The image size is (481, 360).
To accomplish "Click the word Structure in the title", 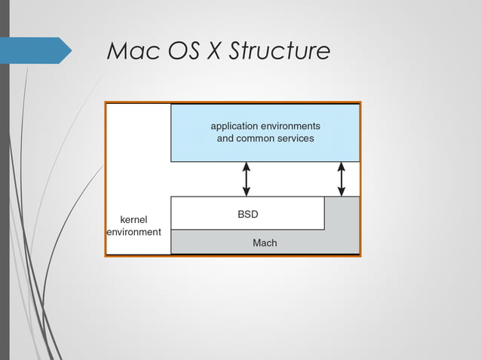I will pos(279,51).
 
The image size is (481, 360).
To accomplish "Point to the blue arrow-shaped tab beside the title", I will pos(38,50).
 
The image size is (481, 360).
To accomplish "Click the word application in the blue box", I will pos(237,126).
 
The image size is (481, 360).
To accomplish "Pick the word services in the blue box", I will pos(296,139).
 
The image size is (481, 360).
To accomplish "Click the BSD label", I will pos(248,215).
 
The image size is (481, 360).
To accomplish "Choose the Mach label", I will pos(265,243).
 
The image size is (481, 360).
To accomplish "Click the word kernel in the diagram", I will pos(133,219).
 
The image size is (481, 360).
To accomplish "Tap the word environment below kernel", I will pos(133,232).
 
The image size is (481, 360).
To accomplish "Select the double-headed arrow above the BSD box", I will pos(247,179).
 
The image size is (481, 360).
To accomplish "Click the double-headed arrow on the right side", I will pos(342,179).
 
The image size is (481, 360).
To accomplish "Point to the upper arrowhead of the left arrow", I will pos(247,166).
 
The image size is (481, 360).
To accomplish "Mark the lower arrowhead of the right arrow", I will pos(342,192).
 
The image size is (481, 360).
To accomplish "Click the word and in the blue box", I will pos(225,139).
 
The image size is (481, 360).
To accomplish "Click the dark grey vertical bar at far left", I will pos(5,180).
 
